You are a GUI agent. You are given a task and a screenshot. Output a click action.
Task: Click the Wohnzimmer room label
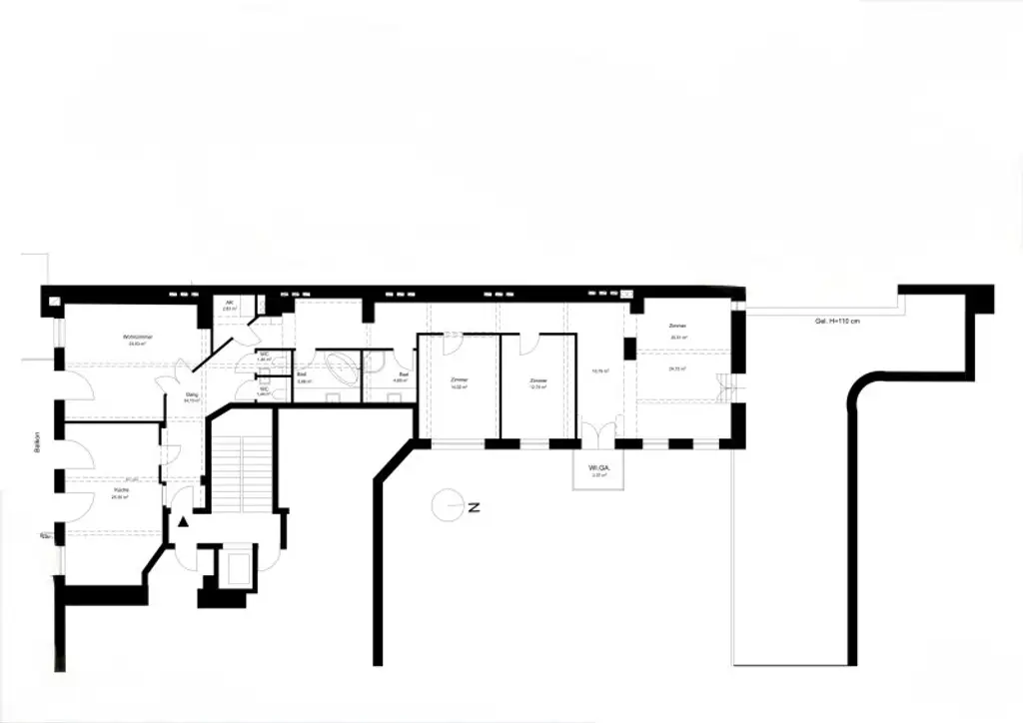pos(136,337)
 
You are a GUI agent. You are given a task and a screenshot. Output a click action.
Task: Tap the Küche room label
pos(121,489)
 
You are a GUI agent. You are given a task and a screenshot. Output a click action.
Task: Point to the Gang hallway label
pos(192,394)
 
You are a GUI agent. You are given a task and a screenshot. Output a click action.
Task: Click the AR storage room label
pos(229,302)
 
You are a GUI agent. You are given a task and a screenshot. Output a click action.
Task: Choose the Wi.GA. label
pos(599,467)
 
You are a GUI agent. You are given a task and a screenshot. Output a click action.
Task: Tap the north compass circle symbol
pos(447,506)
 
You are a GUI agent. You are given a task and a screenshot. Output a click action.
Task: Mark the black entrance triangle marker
pos(182,520)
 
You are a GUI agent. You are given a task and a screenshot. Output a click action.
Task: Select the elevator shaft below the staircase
pos(237,569)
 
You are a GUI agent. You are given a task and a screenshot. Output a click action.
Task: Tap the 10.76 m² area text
pos(600,370)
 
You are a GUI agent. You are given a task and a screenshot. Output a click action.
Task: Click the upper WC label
pos(264,355)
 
